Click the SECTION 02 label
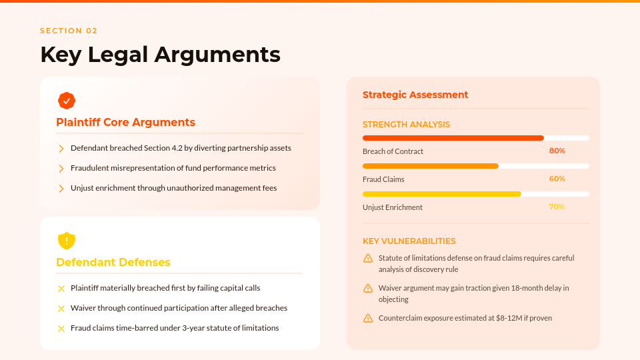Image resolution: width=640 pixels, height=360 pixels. [x=69, y=31]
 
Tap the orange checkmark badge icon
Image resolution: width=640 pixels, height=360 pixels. [x=67, y=101]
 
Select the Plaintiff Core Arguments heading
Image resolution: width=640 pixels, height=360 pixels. [x=125, y=122]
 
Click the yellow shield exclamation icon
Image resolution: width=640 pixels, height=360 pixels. [x=67, y=240]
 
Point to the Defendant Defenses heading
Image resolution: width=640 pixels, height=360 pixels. [x=113, y=262]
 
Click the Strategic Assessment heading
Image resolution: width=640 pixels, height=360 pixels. [x=415, y=95]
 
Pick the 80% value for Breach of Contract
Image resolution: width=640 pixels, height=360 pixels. [x=557, y=151]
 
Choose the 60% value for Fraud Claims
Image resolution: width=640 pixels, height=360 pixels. [x=557, y=179]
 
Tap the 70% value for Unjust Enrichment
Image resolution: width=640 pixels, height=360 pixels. [x=557, y=207]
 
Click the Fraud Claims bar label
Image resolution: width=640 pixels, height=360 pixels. [x=383, y=179]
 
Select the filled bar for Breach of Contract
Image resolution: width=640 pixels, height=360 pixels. [x=453, y=138]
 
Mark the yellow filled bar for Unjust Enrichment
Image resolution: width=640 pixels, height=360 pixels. [x=441, y=194]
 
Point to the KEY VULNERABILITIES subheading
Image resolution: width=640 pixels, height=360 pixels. [x=409, y=241]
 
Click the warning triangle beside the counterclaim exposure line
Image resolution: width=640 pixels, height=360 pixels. [x=368, y=318]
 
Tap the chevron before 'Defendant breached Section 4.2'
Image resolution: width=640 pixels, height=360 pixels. [x=61, y=148]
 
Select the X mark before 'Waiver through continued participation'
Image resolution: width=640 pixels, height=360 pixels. [x=61, y=308]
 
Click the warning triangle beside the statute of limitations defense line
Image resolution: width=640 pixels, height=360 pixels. [x=368, y=258]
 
